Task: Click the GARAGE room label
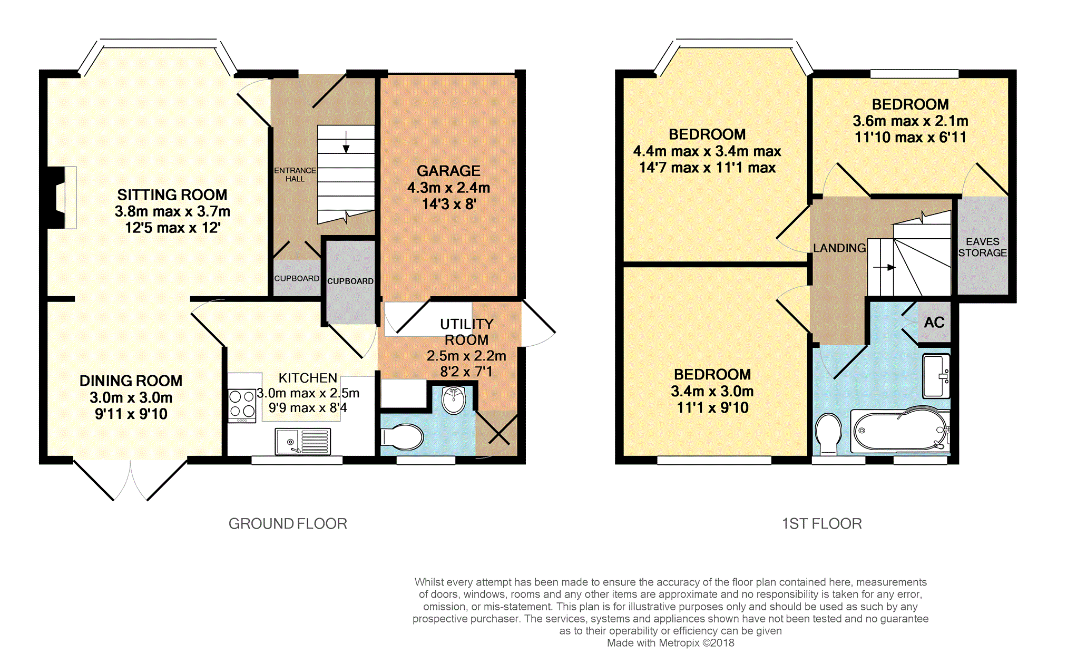point(448,171)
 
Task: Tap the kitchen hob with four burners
point(242,405)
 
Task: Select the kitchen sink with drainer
point(303,441)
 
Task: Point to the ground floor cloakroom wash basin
point(454,400)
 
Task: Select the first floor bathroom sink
point(936,376)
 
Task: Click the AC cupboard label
point(934,323)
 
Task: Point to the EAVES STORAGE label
point(983,247)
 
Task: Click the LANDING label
point(839,248)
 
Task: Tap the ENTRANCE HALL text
point(295,174)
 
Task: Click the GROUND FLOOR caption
point(288,523)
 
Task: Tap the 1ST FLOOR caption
point(822,523)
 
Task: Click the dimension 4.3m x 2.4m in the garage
point(448,188)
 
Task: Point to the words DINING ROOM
point(131,381)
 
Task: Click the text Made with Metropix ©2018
point(670,643)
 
